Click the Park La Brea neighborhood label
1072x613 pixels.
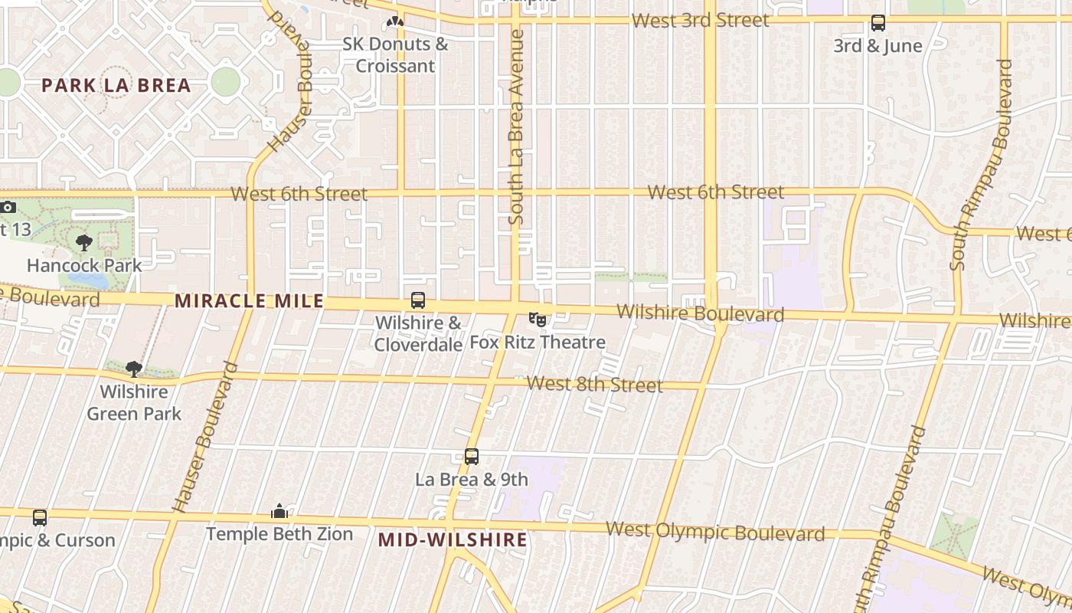click(116, 85)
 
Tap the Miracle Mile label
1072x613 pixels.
click(250, 301)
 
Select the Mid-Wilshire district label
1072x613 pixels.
click(453, 540)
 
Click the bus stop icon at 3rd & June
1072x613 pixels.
click(878, 24)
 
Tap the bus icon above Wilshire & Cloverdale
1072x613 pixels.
click(418, 300)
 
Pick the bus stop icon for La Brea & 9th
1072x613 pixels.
click(472, 457)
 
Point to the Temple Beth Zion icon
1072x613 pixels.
click(279, 511)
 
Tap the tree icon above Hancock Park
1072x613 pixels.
click(84, 243)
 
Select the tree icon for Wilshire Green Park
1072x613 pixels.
click(134, 369)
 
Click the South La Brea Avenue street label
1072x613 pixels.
click(516, 126)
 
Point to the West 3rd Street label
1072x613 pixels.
click(701, 21)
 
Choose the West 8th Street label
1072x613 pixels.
click(595, 384)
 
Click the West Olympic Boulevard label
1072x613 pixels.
click(715, 531)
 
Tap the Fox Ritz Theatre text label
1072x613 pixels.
click(538, 343)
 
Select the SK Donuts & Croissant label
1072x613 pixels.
click(395, 54)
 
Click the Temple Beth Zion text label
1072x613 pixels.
click(279, 534)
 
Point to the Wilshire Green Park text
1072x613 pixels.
click(134, 403)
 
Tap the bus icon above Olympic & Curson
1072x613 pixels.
click(40, 518)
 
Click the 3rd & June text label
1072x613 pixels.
click(878, 46)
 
